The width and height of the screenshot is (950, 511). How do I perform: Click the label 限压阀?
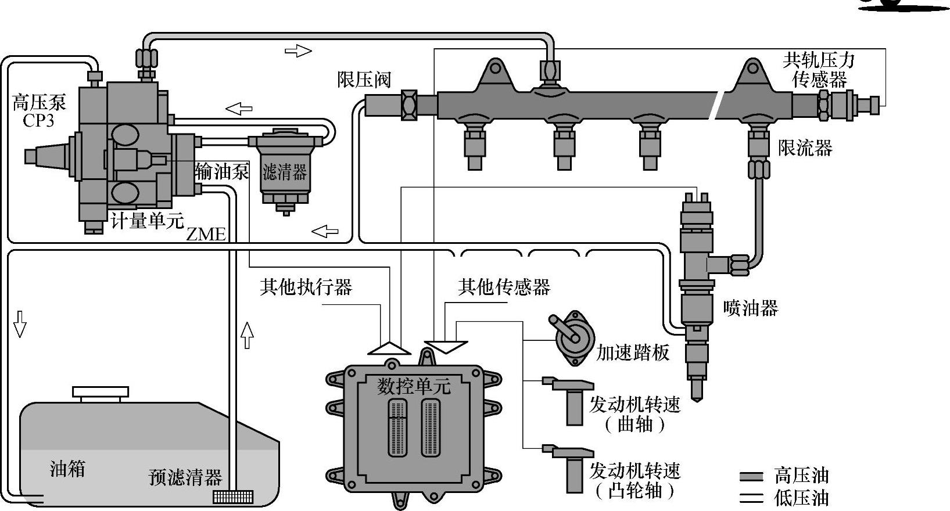(x=364, y=80)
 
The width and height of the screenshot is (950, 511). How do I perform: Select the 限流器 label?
(x=805, y=147)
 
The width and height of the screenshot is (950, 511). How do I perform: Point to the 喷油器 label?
(x=751, y=308)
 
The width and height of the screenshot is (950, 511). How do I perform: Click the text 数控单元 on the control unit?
(x=414, y=386)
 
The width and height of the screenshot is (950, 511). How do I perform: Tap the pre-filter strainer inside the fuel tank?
(x=233, y=497)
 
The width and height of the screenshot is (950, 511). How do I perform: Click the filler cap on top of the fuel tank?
(x=101, y=393)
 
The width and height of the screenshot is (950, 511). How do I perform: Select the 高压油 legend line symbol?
(x=751, y=477)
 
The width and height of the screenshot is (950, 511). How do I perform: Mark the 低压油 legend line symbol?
(x=751, y=498)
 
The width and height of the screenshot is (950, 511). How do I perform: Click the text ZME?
(x=206, y=234)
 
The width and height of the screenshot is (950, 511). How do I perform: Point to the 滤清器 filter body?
(x=284, y=171)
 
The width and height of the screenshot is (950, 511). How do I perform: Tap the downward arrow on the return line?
(x=20, y=324)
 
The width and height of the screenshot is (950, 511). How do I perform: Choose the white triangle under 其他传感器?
(x=446, y=347)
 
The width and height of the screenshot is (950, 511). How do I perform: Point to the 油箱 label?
(x=67, y=468)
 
